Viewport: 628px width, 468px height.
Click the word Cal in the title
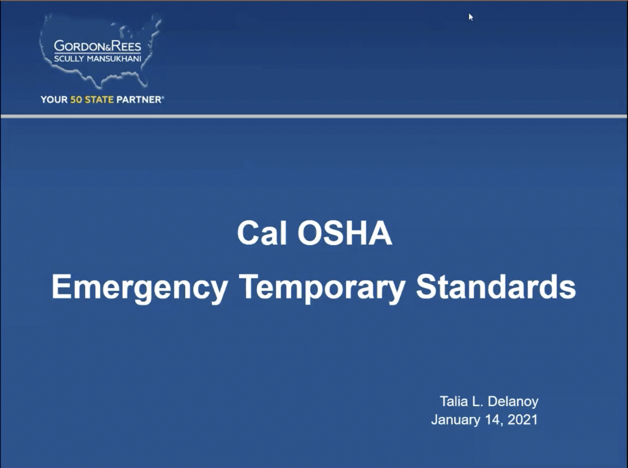262,233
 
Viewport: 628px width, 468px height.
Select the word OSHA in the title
345,233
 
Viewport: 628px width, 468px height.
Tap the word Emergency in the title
139,288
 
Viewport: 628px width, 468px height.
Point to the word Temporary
322,288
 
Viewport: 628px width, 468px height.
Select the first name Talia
453,401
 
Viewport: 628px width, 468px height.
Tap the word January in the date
455,420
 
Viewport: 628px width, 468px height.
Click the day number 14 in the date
494,420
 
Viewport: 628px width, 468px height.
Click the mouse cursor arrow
471,17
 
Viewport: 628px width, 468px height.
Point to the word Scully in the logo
69,59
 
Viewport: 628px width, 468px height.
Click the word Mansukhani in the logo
114,59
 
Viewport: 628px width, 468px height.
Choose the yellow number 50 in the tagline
76,100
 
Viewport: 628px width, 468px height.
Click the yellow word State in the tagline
99,100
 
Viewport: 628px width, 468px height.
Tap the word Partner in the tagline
139,100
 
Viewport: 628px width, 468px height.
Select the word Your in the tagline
54,100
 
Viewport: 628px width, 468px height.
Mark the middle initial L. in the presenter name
478,401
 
